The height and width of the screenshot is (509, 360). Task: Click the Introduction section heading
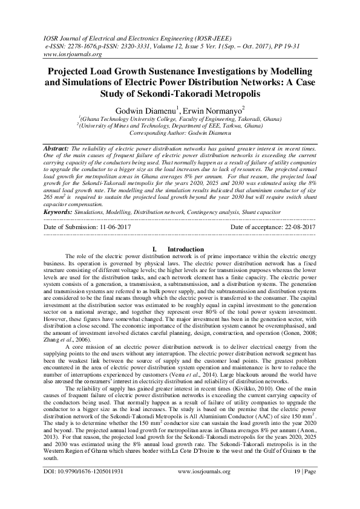click(x=186, y=249)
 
